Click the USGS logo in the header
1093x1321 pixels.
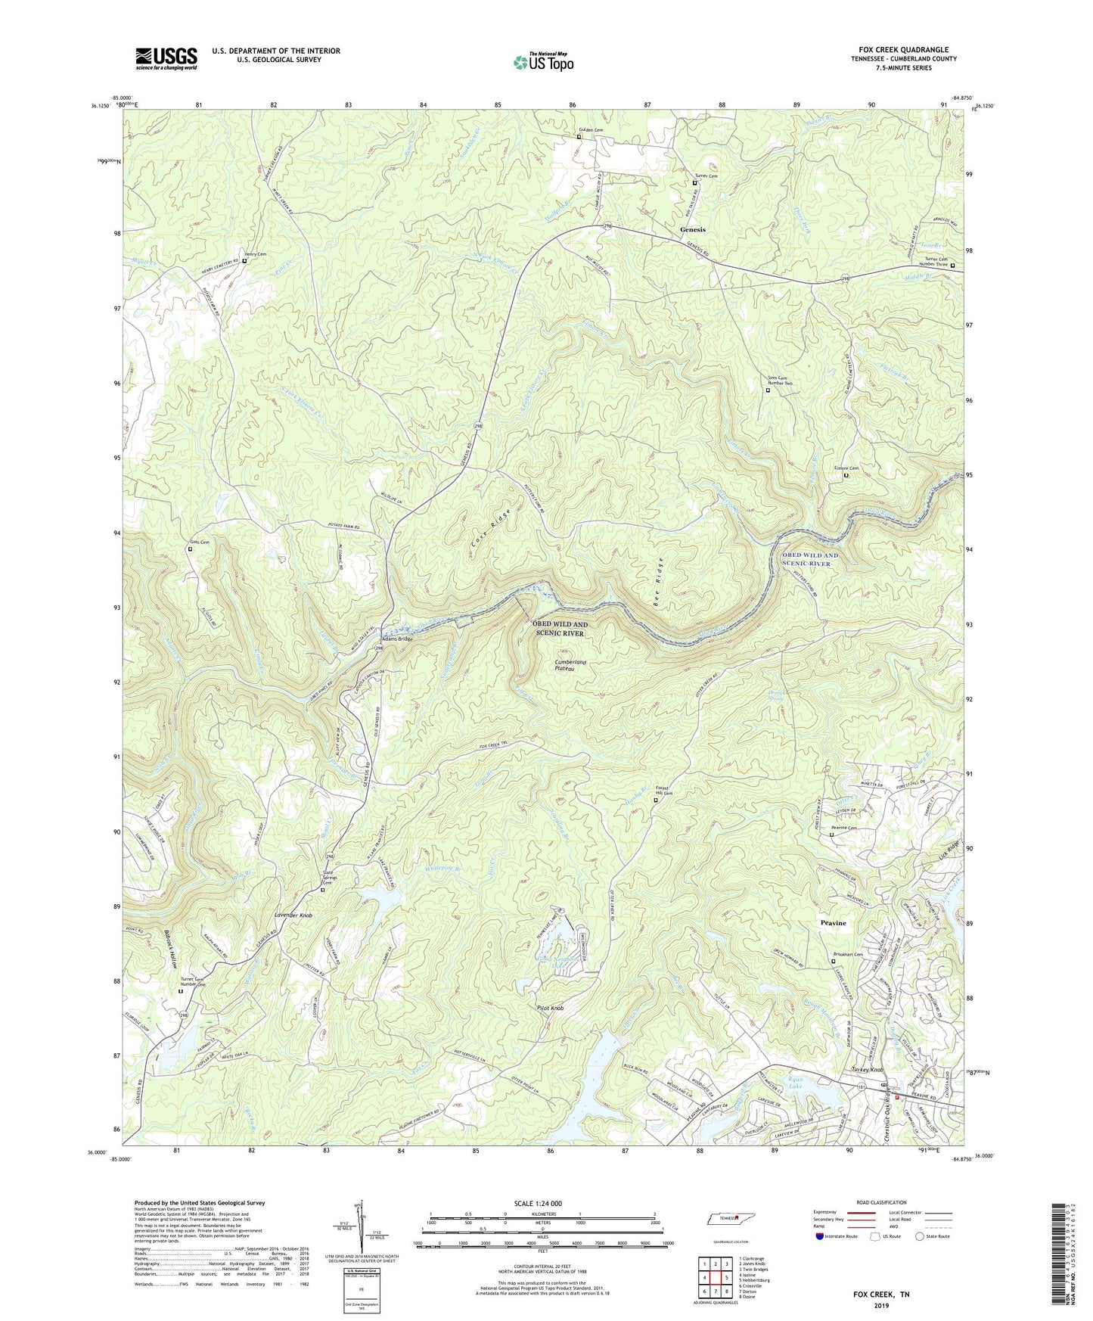point(166,58)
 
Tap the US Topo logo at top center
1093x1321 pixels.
point(542,61)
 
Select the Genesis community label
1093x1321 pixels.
point(692,229)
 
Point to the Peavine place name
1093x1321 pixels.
point(834,923)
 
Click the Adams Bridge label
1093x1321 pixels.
point(396,639)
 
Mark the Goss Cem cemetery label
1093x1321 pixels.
point(199,542)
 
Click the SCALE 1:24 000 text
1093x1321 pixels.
point(543,1203)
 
